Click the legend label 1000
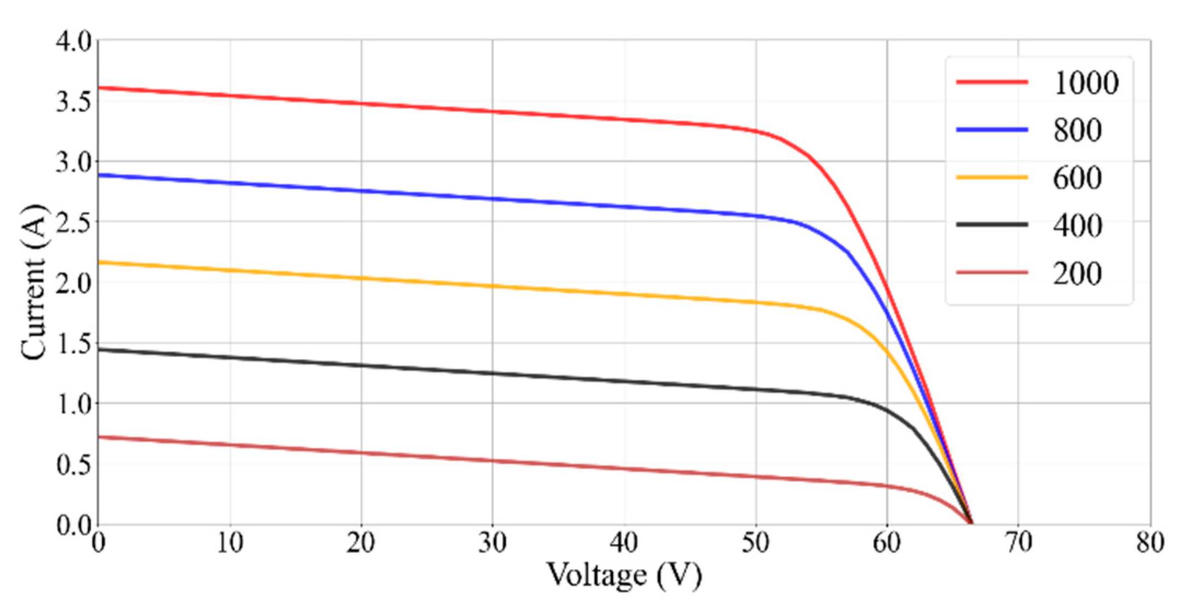pyautogui.click(x=1086, y=83)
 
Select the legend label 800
pyautogui.click(x=1077, y=131)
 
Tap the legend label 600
pyautogui.click(x=1077, y=178)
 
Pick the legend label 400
pyautogui.click(x=1077, y=225)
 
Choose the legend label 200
pyautogui.click(x=1077, y=274)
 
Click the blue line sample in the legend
pyautogui.click(x=991, y=130)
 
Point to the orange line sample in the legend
pyautogui.click(x=991, y=177)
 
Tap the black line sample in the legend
pyautogui.click(x=991, y=224)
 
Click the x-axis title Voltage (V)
pyautogui.click(x=624, y=575)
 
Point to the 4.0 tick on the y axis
pyautogui.click(x=74, y=42)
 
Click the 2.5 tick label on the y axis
pyautogui.click(x=74, y=223)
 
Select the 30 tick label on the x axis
pyautogui.click(x=492, y=543)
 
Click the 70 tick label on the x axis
pyautogui.click(x=1018, y=543)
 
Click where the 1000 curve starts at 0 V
pyautogui.click(x=99, y=88)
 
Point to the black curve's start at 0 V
pyautogui.click(x=99, y=350)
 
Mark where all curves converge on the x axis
pyautogui.click(x=971, y=523)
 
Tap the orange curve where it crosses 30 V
pyautogui.click(x=492, y=286)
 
